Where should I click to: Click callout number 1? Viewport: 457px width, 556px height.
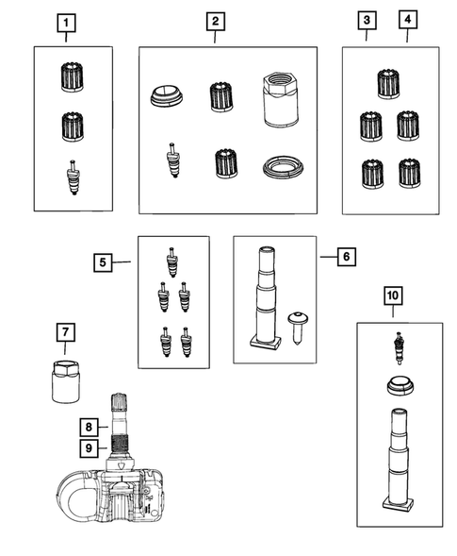coord(66,23)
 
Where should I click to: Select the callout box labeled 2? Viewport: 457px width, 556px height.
coord(216,22)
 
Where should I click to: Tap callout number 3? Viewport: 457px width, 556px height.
coord(367,20)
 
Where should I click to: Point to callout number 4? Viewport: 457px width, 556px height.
coord(408,20)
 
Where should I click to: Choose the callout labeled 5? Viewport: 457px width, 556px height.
coord(103,262)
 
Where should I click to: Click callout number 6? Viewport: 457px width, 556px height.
coord(347,256)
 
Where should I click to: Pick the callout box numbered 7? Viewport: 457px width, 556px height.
coord(66,332)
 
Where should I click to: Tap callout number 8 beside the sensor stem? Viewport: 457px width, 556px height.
coord(89,427)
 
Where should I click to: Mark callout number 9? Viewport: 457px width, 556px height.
coord(89,447)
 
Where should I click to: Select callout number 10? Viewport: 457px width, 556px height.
coord(393,295)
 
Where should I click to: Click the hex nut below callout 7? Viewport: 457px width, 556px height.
coord(66,381)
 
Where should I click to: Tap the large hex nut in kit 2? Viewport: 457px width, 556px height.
coord(282,99)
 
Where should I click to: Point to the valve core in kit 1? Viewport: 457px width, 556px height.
coord(73,177)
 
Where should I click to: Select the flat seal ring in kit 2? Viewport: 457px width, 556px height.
coord(284,167)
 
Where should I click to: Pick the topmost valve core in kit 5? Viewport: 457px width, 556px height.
coord(171,262)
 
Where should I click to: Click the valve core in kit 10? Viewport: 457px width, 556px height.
coord(400,348)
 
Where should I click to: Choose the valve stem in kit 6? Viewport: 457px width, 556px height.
coord(267,298)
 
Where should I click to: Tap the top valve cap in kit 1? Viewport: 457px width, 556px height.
coord(73,77)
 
